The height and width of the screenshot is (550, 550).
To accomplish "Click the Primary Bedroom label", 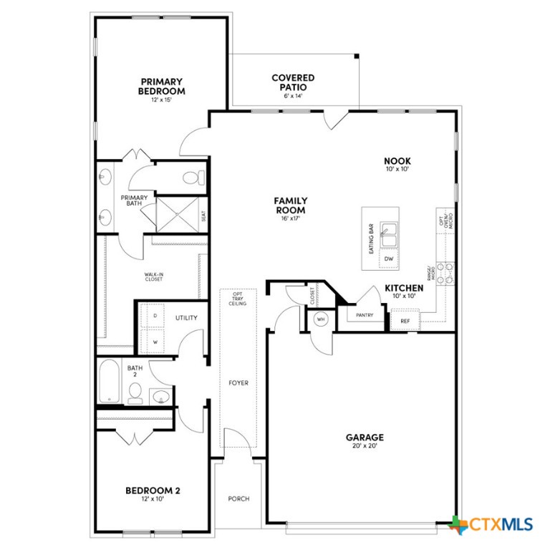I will click(161, 87).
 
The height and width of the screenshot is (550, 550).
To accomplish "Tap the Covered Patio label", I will click(293, 82).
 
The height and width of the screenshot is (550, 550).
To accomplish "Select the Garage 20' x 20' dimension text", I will click(365, 446).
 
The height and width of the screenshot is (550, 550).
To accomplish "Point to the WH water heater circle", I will click(321, 319).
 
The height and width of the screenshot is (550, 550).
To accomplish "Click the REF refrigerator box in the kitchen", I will click(405, 321).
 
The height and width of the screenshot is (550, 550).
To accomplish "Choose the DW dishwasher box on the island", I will click(389, 259).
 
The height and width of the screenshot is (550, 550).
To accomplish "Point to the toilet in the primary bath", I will click(193, 176).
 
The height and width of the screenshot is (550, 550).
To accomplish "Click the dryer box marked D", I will click(155, 316).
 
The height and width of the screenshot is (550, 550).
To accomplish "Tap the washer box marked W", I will click(155, 342).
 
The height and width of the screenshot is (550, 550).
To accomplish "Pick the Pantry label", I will click(365, 314).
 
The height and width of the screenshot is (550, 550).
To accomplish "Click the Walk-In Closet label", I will click(153, 276).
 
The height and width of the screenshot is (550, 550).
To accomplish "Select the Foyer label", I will click(238, 383).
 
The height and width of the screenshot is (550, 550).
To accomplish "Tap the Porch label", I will click(238, 498).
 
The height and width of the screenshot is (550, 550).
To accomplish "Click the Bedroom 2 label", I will click(153, 491).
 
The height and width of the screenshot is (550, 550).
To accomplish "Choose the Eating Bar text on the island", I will click(371, 239).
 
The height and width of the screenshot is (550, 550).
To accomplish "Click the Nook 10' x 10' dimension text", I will click(397, 170).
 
